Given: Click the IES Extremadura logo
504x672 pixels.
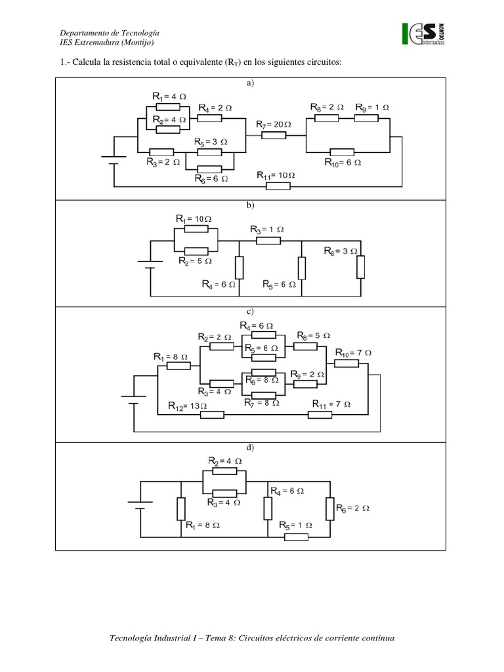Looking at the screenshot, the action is click(423, 34).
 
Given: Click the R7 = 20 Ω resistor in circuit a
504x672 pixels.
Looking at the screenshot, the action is click(274, 135).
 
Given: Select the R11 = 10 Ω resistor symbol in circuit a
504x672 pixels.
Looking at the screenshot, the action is click(278, 186).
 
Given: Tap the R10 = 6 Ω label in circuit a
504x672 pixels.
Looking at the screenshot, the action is click(343, 163).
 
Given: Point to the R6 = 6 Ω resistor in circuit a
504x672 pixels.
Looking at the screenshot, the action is click(209, 169).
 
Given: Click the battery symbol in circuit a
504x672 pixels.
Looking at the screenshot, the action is click(114, 160).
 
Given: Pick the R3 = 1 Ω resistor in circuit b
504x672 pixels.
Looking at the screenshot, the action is click(268, 241).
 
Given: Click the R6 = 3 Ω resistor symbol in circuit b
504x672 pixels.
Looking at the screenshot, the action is click(361, 267).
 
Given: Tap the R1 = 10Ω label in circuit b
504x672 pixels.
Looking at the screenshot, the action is click(194, 219).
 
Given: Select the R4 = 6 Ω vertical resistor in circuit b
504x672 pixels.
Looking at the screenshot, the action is click(239, 268).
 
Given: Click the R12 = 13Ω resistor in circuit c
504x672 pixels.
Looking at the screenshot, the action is click(212, 415).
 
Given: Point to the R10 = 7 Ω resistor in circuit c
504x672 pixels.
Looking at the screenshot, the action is click(346, 364).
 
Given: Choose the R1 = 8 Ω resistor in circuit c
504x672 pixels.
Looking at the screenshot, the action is click(178, 366).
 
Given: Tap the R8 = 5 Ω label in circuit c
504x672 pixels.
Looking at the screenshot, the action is click(314, 335).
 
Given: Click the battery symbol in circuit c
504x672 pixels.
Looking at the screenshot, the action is click(134, 400).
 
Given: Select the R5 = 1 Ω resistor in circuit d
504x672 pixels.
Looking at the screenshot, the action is click(296, 537).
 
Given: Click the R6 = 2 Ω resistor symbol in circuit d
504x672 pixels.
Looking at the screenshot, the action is click(330, 509).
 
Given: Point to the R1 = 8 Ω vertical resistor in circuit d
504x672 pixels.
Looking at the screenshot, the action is click(181, 509).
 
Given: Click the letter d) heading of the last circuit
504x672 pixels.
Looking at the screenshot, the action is click(250, 448).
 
